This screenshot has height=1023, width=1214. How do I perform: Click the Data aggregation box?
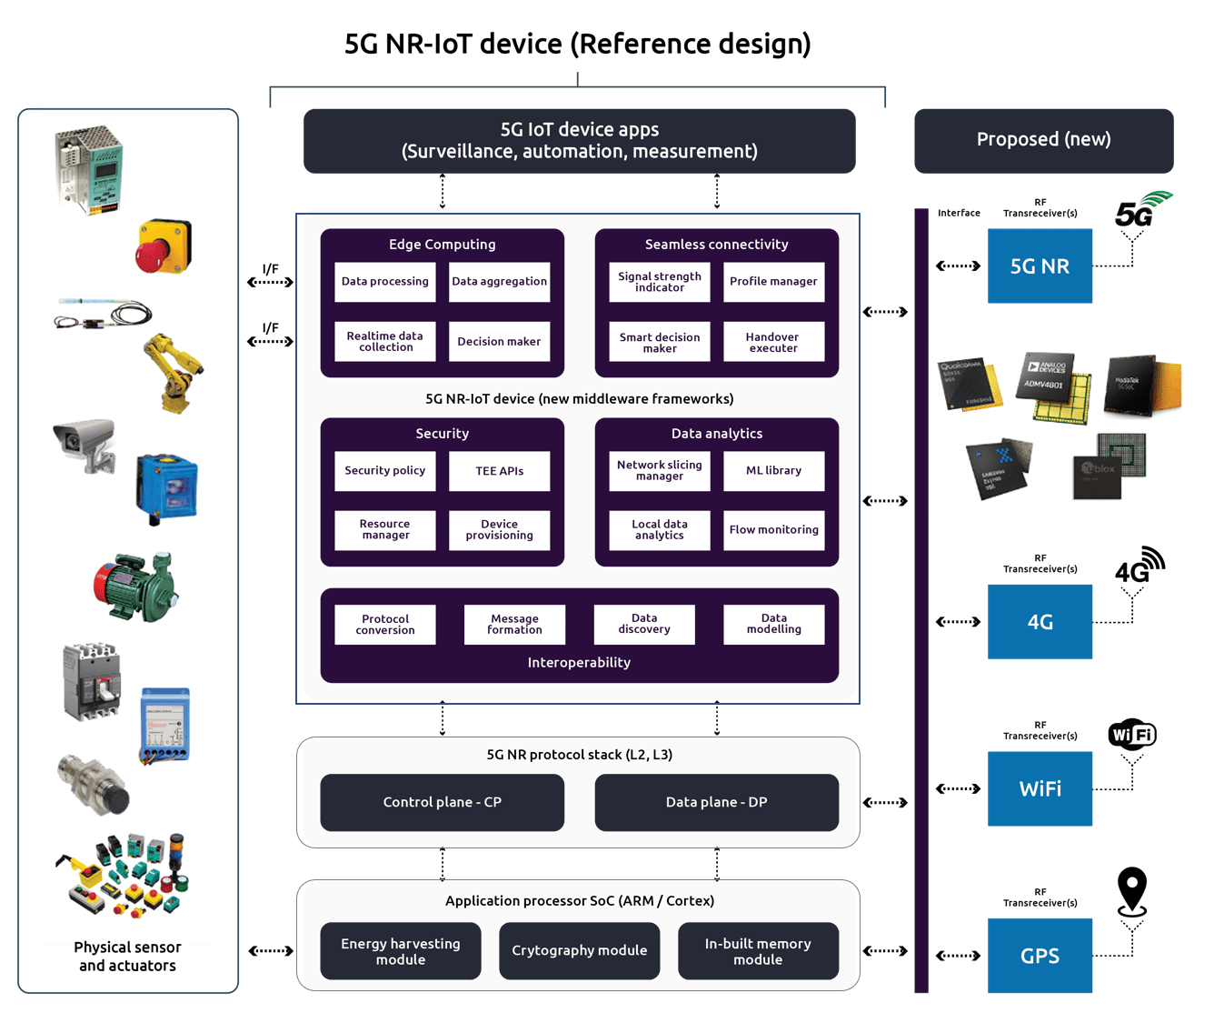click(x=499, y=282)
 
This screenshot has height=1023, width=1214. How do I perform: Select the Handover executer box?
click(x=773, y=342)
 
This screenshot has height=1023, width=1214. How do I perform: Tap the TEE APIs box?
click(x=499, y=471)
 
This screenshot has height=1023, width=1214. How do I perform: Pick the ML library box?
click(x=773, y=471)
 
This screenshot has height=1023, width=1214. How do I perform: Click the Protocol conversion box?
click(x=385, y=625)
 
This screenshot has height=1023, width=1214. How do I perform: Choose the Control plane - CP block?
click(x=443, y=802)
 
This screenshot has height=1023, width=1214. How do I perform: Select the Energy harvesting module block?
click(x=401, y=951)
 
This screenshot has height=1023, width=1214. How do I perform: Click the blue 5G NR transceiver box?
click(x=1040, y=266)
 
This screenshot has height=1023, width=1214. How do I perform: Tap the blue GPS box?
click(x=1040, y=956)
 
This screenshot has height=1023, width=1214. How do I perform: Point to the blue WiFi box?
click(x=1040, y=788)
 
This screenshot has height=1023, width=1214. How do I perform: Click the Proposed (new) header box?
click(x=1043, y=140)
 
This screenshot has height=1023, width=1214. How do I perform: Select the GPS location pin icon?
click(x=1132, y=890)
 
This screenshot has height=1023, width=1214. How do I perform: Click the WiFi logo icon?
click(x=1132, y=734)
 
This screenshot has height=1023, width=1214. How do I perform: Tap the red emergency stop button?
click(x=164, y=246)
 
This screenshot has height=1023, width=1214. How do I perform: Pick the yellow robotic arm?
click(x=174, y=372)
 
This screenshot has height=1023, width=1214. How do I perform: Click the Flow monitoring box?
click(x=773, y=530)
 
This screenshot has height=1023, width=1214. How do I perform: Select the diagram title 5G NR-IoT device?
click(x=577, y=44)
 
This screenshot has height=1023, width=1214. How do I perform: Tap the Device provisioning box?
click(x=499, y=530)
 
